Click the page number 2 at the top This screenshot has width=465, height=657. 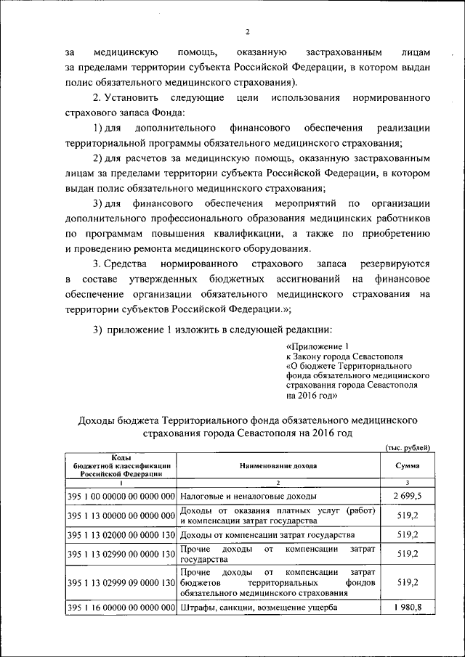(x=247, y=33)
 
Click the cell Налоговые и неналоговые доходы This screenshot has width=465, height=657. (x=248, y=496)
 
